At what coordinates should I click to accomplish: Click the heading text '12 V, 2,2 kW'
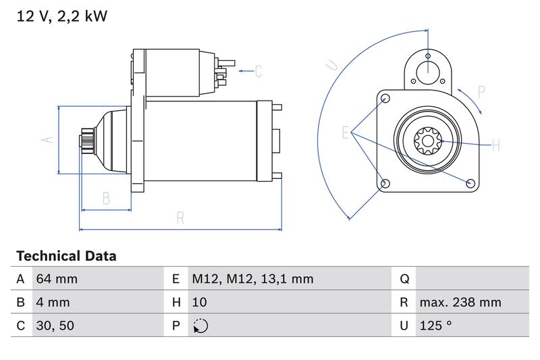[x=61, y=16]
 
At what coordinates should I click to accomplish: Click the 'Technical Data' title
[x=66, y=256]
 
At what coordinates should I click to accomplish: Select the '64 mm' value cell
[x=56, y=279]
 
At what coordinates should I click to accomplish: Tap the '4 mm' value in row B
[x=52, y=302]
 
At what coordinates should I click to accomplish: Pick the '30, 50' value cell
[x=55, y=326]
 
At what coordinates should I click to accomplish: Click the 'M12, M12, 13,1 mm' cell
[x=252, y=279]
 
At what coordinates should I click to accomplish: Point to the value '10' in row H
[x=199, y=302]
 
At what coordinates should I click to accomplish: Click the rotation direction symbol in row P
[x=200, y=326]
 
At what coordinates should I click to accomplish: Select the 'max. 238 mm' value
[x=460, y=302]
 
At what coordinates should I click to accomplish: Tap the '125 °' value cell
[x=435, y=326]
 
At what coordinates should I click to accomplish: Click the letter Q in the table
[x=404, y=279]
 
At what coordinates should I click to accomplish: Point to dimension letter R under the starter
[x=180, y=217]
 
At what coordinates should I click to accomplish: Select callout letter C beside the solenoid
[x=258, y=71]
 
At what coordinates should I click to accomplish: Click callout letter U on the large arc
[x=331, y=66]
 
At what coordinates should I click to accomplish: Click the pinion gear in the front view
[x=427, y=143]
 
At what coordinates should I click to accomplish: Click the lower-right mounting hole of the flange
[x=470, y=182]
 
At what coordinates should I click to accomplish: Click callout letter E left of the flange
[x=346, y=132]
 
